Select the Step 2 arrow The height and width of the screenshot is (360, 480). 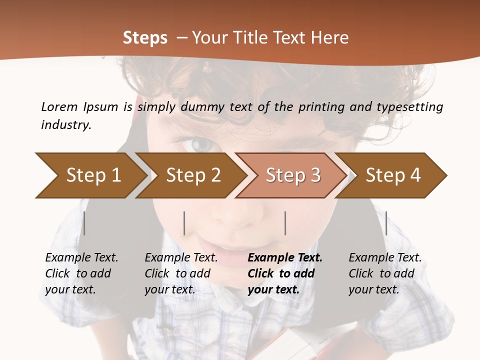(x=193, y=175)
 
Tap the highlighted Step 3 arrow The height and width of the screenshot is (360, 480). (x=293, y=175)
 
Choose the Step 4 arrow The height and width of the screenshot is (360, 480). (x=393, y=175)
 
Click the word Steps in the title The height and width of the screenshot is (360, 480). (x=145, y=37)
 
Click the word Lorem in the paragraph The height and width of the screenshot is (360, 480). (x=59, y=106)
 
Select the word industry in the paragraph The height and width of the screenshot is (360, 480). (x=65, y=124)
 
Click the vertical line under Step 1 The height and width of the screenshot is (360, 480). (x=84, y=223)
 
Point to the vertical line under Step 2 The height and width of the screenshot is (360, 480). (x=184, y=223)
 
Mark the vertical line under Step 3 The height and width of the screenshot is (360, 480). (x=285, y=223)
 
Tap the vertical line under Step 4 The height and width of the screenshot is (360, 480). (x=386, y=223)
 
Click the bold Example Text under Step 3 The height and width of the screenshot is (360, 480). (x=285, y=258)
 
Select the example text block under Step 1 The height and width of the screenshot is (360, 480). (x=81, y=273)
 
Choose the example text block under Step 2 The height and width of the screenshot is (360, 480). (x=181, y=273)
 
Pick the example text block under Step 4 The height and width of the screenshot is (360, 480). (x=385, y=273)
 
